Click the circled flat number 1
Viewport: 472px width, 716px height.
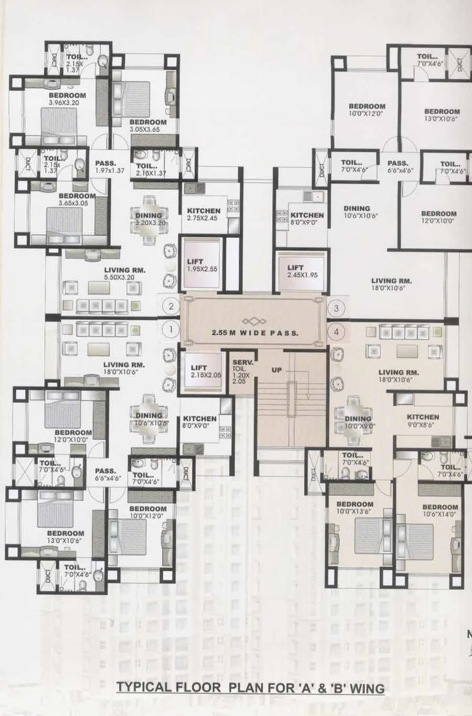[x=170, y=330]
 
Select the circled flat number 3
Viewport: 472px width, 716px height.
[x=337, y=308]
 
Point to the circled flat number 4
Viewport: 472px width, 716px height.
[x=337, y=332]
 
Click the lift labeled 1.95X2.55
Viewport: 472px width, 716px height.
[x=202, y=265]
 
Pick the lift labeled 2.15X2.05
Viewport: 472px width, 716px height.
[x=205, y=371]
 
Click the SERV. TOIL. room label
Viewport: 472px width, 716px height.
[x=243, y=372]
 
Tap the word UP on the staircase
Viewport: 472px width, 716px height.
[x=277, y=370]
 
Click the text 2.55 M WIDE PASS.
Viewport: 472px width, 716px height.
[x=255, y=333]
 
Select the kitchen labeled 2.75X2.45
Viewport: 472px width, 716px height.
[x=204, y=215]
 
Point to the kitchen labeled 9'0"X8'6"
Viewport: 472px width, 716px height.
[x=423, y=421]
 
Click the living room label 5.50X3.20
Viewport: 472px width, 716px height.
[x=124, y=274]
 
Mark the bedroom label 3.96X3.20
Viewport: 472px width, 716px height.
[x=67, y=99]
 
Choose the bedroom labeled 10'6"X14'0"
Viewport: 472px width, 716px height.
[x=440, y=510]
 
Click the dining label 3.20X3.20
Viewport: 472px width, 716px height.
[x=148, y=219]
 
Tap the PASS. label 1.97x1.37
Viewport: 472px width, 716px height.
[x=109, y=167]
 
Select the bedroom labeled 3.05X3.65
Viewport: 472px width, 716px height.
[x=148, y=125]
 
